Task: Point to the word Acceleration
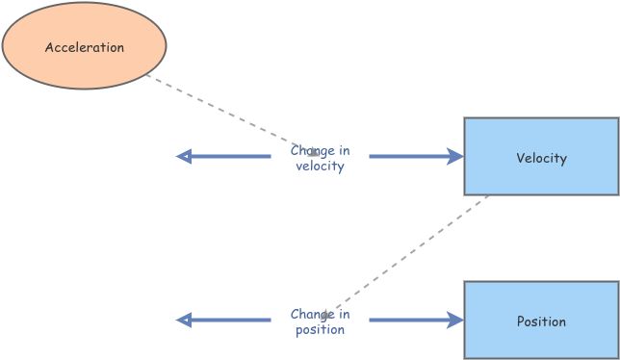tap(85, 47)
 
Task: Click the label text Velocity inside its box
tap(541, 159)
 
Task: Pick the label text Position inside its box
tap(541, 322)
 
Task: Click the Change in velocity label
tap(320, 159)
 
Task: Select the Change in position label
tap(320, 322)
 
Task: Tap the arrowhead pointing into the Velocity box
tap(456, 157)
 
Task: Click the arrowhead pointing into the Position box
tap(456, 321)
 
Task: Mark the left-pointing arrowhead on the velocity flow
tap(184, 157)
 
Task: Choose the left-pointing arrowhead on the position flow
tap(184, 321)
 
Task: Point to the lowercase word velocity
tap(320, 167)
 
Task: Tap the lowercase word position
tap(320, 330)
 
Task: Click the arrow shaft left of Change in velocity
tap(231, 157)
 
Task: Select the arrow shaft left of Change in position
tap(231, 321)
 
